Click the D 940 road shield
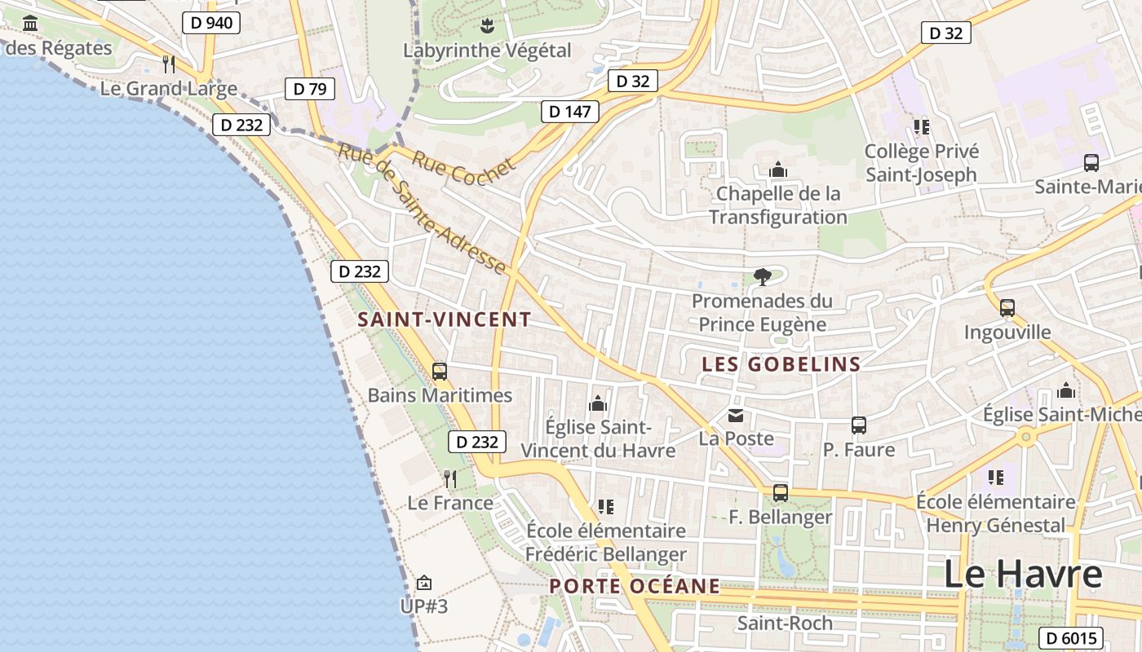tap(211, 23)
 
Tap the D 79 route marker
tap(310, 89)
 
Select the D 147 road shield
tap(570, 112)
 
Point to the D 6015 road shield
tap(1071, 638)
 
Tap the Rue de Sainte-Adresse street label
tap(422, 209)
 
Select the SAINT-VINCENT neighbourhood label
tap(445, 320)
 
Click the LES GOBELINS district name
tap(781, 364)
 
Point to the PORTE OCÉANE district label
tap(635, 586)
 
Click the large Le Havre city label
tap(1023, 574)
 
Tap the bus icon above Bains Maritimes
tap(440, 372)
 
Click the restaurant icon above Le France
tap(450, 478)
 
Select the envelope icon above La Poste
tap(736, 416)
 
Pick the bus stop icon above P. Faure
tap(858, 425)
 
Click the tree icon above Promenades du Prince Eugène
tap(763, 277)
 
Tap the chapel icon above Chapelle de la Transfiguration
tap(778, 170)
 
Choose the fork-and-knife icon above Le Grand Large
tap(169, 64)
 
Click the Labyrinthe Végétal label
tap(487, 51)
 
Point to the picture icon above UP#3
tap(423, 583)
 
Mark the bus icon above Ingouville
tap(1007, 308)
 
